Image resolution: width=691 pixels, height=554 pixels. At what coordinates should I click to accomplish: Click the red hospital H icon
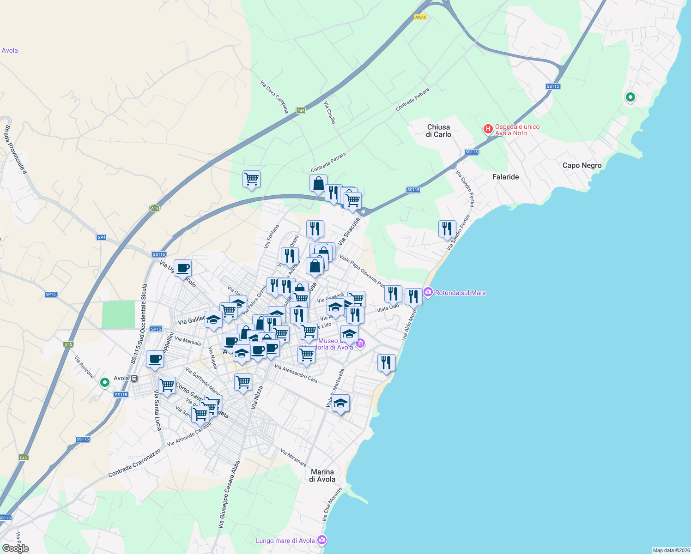coord(488,129)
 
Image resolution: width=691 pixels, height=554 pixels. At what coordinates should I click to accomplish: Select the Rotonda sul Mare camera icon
coord(428,293)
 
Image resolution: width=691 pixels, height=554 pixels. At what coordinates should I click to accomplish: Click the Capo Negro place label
coord(582,165)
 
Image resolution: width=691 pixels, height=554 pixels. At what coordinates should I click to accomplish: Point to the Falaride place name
coord(505,177)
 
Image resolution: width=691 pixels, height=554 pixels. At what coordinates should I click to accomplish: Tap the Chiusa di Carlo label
coord(438,131)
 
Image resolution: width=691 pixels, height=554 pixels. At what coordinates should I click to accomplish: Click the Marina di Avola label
coord(322,476)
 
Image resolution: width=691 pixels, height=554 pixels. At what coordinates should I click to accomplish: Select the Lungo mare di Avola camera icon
coord(322,540)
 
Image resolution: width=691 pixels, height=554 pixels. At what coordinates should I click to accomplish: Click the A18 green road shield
coord(155,208)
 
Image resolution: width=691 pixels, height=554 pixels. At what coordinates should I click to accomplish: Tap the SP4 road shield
coord(102,237)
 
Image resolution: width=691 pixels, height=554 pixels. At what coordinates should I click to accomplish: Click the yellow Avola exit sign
coord(420,17)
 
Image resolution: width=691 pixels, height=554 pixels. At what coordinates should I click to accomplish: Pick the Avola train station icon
coord(134,379)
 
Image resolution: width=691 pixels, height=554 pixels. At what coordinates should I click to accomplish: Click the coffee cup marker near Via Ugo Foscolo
coord(183,267)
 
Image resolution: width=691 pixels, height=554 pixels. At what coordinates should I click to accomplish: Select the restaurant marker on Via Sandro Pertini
coord(447,229)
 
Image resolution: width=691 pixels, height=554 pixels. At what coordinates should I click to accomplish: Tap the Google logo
coord(15,548)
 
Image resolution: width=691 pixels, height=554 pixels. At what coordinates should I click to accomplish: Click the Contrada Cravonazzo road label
coord(134,463)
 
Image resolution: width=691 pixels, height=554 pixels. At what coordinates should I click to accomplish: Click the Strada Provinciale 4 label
coord(16,150)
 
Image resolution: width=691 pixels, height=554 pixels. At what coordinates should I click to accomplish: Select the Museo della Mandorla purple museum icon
coord(360,343)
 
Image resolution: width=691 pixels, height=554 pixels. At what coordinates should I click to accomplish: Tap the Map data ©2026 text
coord(670,550)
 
